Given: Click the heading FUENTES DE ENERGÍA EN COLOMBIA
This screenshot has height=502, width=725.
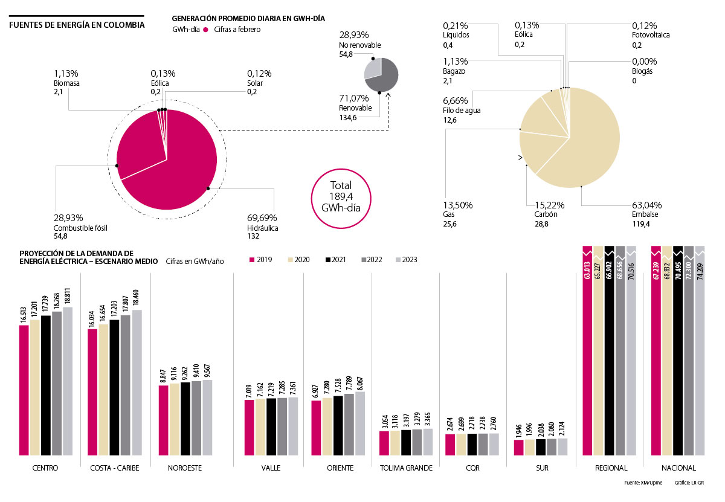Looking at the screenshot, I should pos(76,25).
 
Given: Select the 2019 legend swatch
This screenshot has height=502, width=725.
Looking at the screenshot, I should pos(253,260).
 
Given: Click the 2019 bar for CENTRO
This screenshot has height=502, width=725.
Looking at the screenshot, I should pos(24,390).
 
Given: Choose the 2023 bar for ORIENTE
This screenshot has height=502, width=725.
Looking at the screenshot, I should pos(360,423).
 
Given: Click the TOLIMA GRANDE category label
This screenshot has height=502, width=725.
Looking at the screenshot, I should pos(406,468).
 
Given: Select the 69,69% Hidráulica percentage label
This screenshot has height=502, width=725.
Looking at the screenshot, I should pos(261,217).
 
